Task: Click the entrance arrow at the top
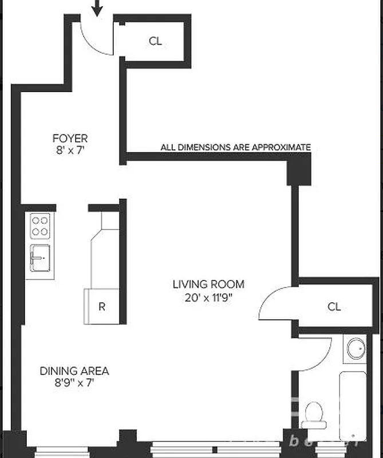[x=97, y=7]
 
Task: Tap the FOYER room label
[x=70, y=139]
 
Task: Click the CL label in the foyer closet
[x=155, y=41]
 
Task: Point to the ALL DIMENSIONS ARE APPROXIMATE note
[x=235, y=147]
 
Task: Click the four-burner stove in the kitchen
[x=40, y=226]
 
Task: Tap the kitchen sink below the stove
[x=40, y=259]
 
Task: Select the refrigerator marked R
[x=102, y=306]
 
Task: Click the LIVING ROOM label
[x=208, y=284]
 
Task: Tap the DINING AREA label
[x=74, y=371]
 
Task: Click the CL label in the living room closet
[x=334, y=306]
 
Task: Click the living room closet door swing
[x=278, y=303]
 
